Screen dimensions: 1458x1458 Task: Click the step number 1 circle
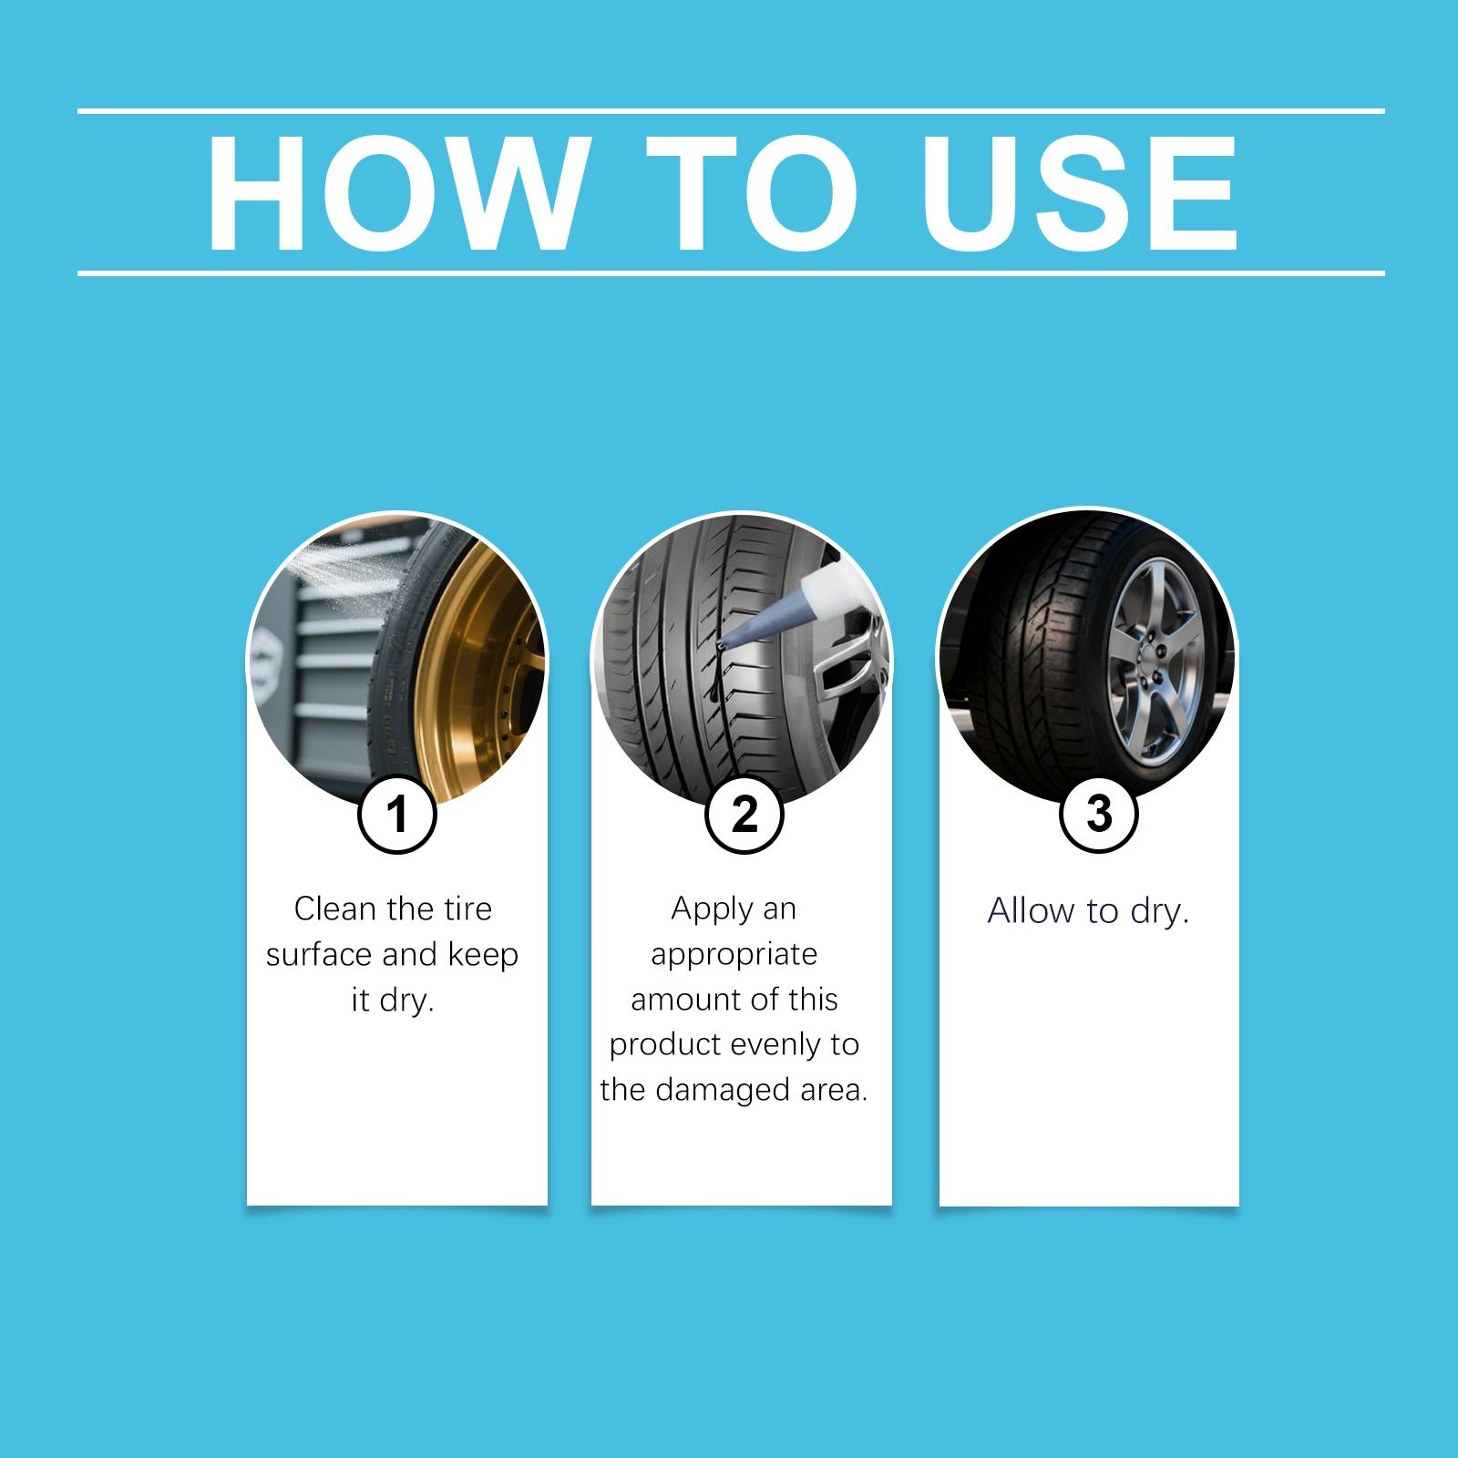tap(397, 814)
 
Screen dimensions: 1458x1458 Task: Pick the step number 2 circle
tap(744, 814)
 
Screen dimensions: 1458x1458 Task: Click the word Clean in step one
tap(334, 909)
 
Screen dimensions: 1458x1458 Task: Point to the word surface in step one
tap(319, 955)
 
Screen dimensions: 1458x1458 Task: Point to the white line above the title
tap(731, 111)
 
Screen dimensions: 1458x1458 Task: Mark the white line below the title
tap(731, 272)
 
